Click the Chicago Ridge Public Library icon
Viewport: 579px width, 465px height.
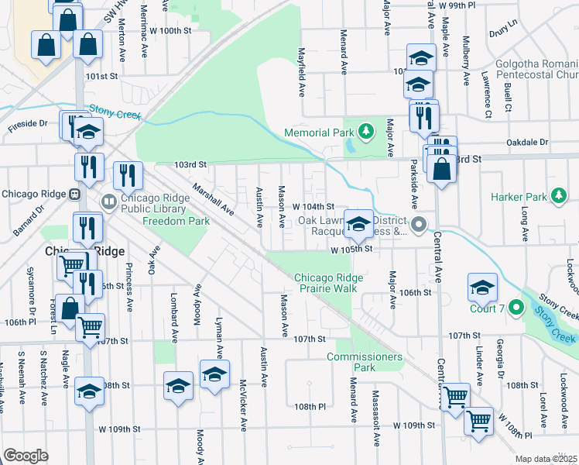[x=109, y=202]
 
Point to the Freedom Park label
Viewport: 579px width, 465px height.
[x=176, y=221]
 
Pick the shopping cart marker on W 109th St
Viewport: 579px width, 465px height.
[x=479, y=423]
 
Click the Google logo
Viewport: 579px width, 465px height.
[x=26, y=456]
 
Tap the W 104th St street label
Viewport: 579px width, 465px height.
[x=313, y=208]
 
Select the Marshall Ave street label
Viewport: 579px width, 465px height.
[x=214, y=199]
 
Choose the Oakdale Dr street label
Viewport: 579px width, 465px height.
[x=527, y=143]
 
